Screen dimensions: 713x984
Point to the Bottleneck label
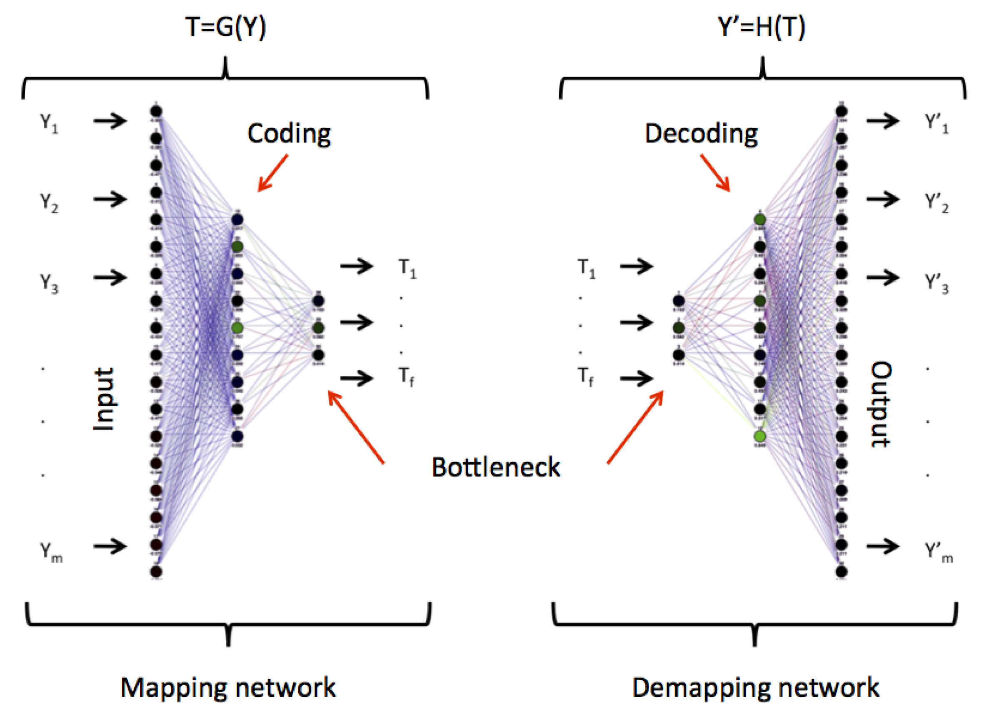[x=496, y=468]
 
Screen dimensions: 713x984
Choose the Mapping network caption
[x=228, y=688]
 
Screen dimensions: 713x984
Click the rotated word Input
[x=104, y=399]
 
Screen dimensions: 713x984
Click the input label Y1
[x=49, y=123]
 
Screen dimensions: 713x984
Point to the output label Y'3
[x=936, y=284]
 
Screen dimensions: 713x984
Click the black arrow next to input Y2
[x=110, y=199]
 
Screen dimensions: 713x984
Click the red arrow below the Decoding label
[x=715, y=173]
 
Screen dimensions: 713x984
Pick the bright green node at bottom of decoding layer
[x=759, y=436]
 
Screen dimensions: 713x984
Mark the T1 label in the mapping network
[x=407, y=269]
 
